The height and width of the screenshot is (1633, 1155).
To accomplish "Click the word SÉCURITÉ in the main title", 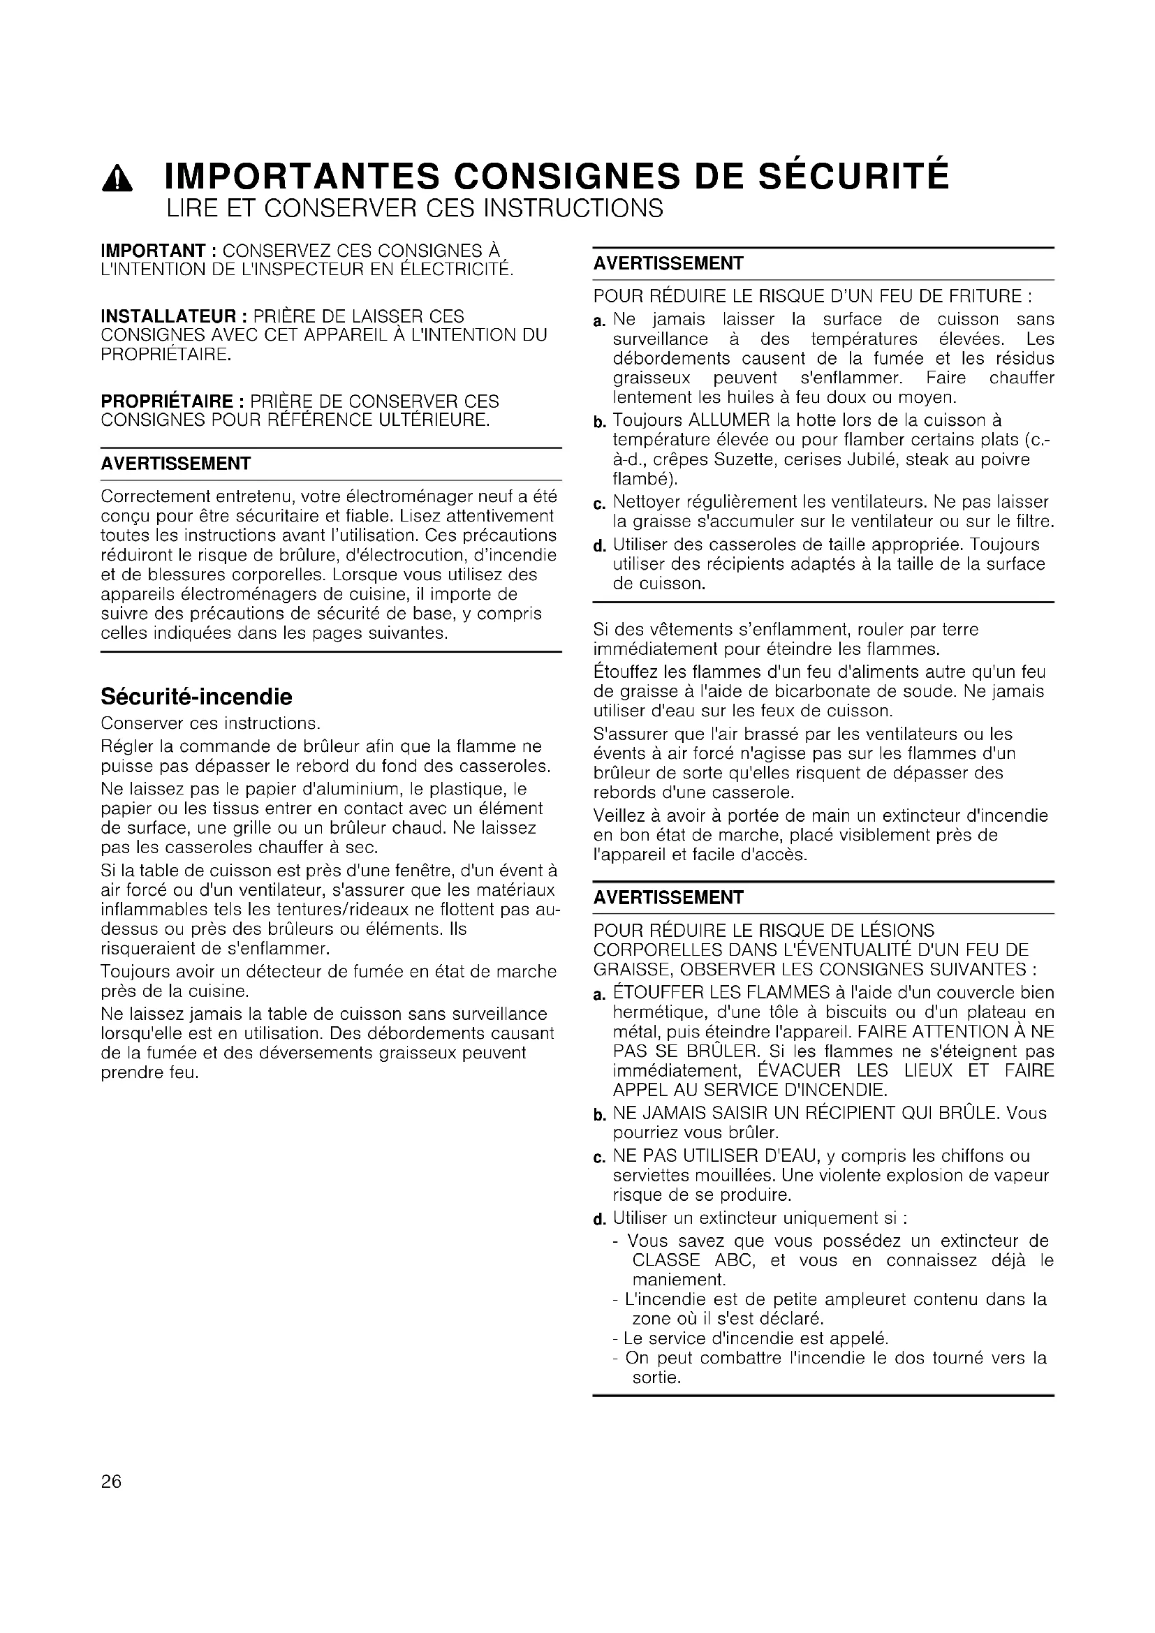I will (x=853, y=177).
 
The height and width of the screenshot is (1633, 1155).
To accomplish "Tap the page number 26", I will (x=112, y=1481).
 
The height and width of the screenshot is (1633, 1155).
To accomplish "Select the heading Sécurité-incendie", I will (x=196, y=695).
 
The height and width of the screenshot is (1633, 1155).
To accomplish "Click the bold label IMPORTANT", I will (x=153, y=251).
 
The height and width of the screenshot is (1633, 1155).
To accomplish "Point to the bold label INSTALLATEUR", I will (x=168, y=316).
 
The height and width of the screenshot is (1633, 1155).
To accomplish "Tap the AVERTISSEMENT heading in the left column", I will (x=176, y=464).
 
